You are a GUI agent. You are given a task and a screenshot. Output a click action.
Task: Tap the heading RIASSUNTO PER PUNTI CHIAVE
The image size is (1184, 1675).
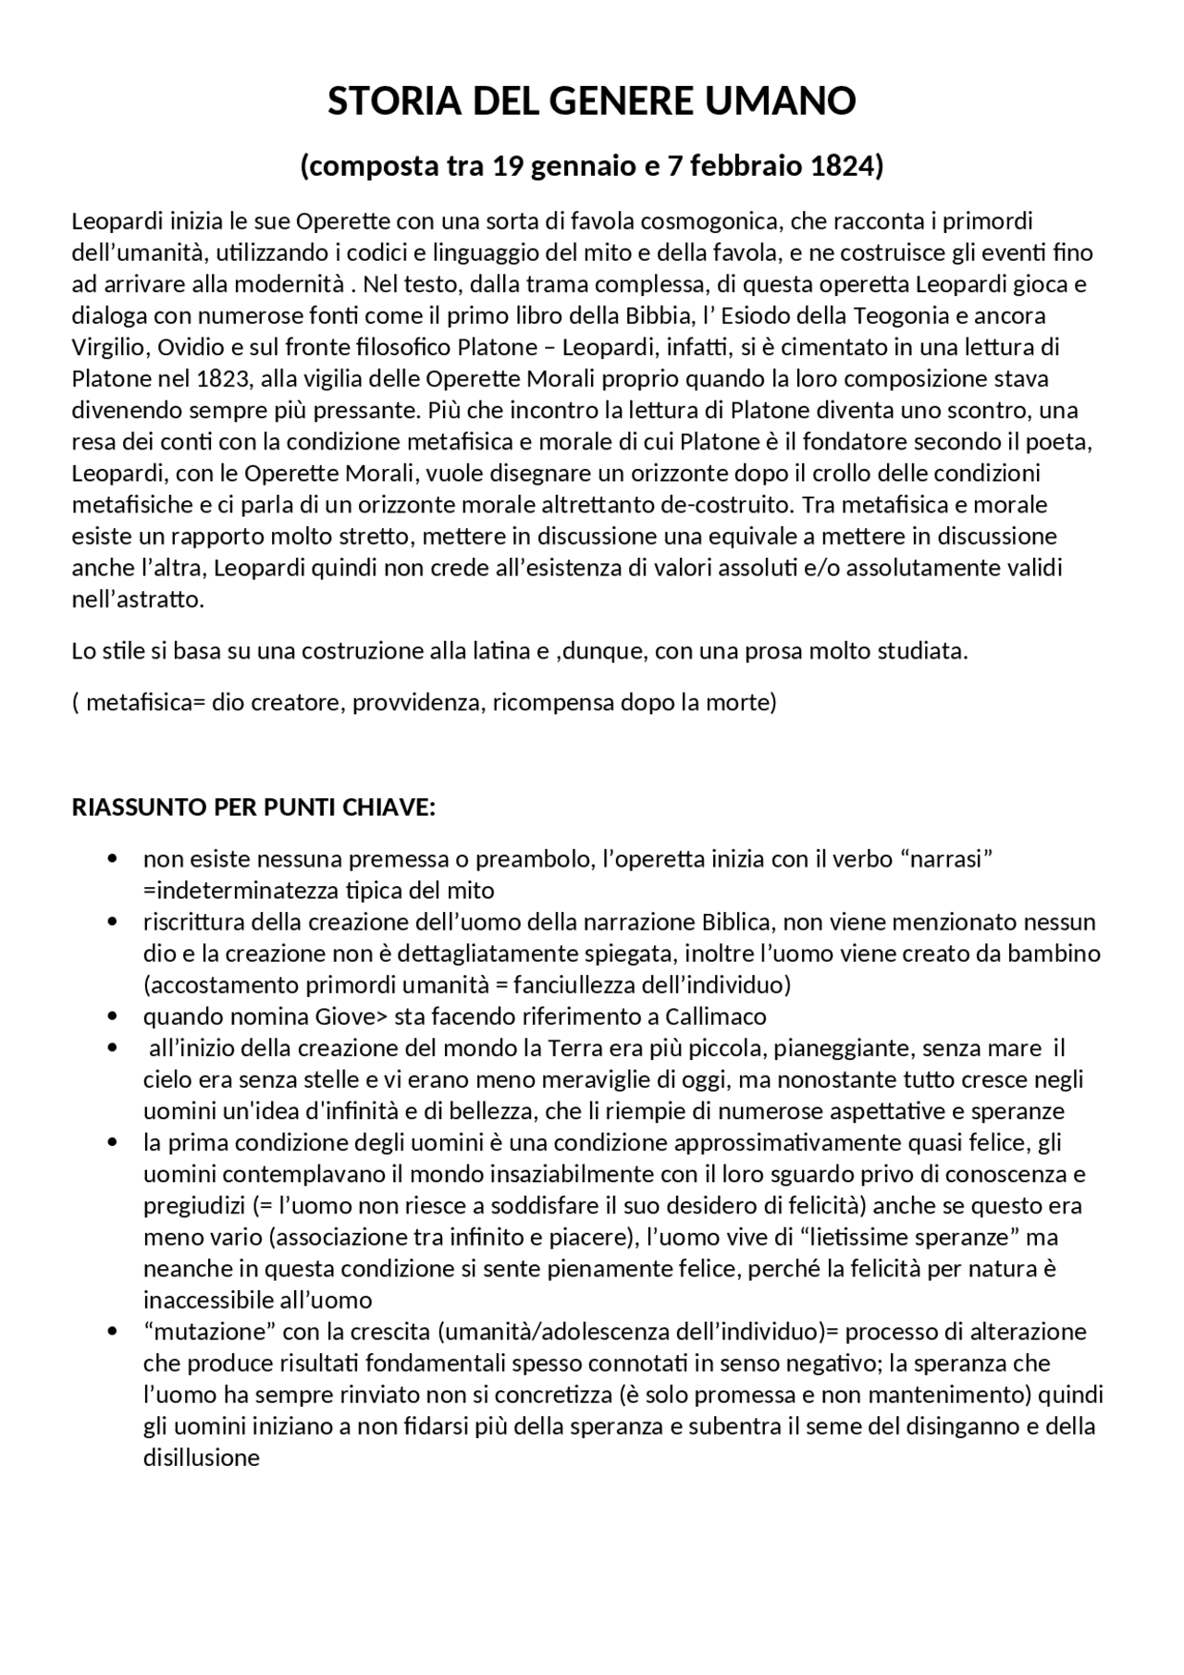coord(253,807)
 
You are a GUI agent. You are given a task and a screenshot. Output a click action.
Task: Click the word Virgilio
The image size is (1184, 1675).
coord(110,347)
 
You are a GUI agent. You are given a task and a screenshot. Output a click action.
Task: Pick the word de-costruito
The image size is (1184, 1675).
coord(727,504)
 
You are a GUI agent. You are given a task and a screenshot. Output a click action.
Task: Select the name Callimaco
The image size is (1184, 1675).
coord(715,1016)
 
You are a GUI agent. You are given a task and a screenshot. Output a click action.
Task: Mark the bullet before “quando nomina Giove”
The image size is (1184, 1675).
coord(113,1016)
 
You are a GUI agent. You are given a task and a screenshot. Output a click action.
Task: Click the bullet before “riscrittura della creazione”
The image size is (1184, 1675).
coord(113,922)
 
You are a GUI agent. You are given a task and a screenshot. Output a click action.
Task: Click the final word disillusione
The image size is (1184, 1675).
coord(202,1458)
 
